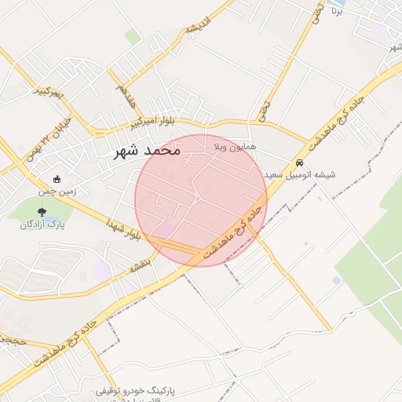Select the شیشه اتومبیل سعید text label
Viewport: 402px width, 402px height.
[300, 174]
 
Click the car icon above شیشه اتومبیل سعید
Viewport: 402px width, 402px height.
[299, 163]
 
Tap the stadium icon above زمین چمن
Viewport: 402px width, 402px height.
[57, 178]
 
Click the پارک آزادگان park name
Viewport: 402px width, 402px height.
[43, 224]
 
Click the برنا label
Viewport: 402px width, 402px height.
[336, 12]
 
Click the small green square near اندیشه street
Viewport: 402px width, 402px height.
[133, 36]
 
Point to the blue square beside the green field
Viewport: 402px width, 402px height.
[337, 280]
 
